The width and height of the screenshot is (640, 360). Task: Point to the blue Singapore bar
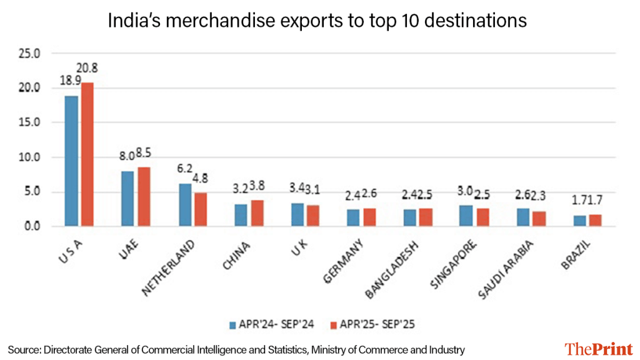coord(466,216)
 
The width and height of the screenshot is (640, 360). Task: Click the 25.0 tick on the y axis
coord(29,54)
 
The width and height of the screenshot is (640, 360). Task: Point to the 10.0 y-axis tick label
coord(29,157)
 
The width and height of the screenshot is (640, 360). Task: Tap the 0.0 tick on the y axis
coord(31,226)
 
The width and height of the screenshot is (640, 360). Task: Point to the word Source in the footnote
coord(22,349)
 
